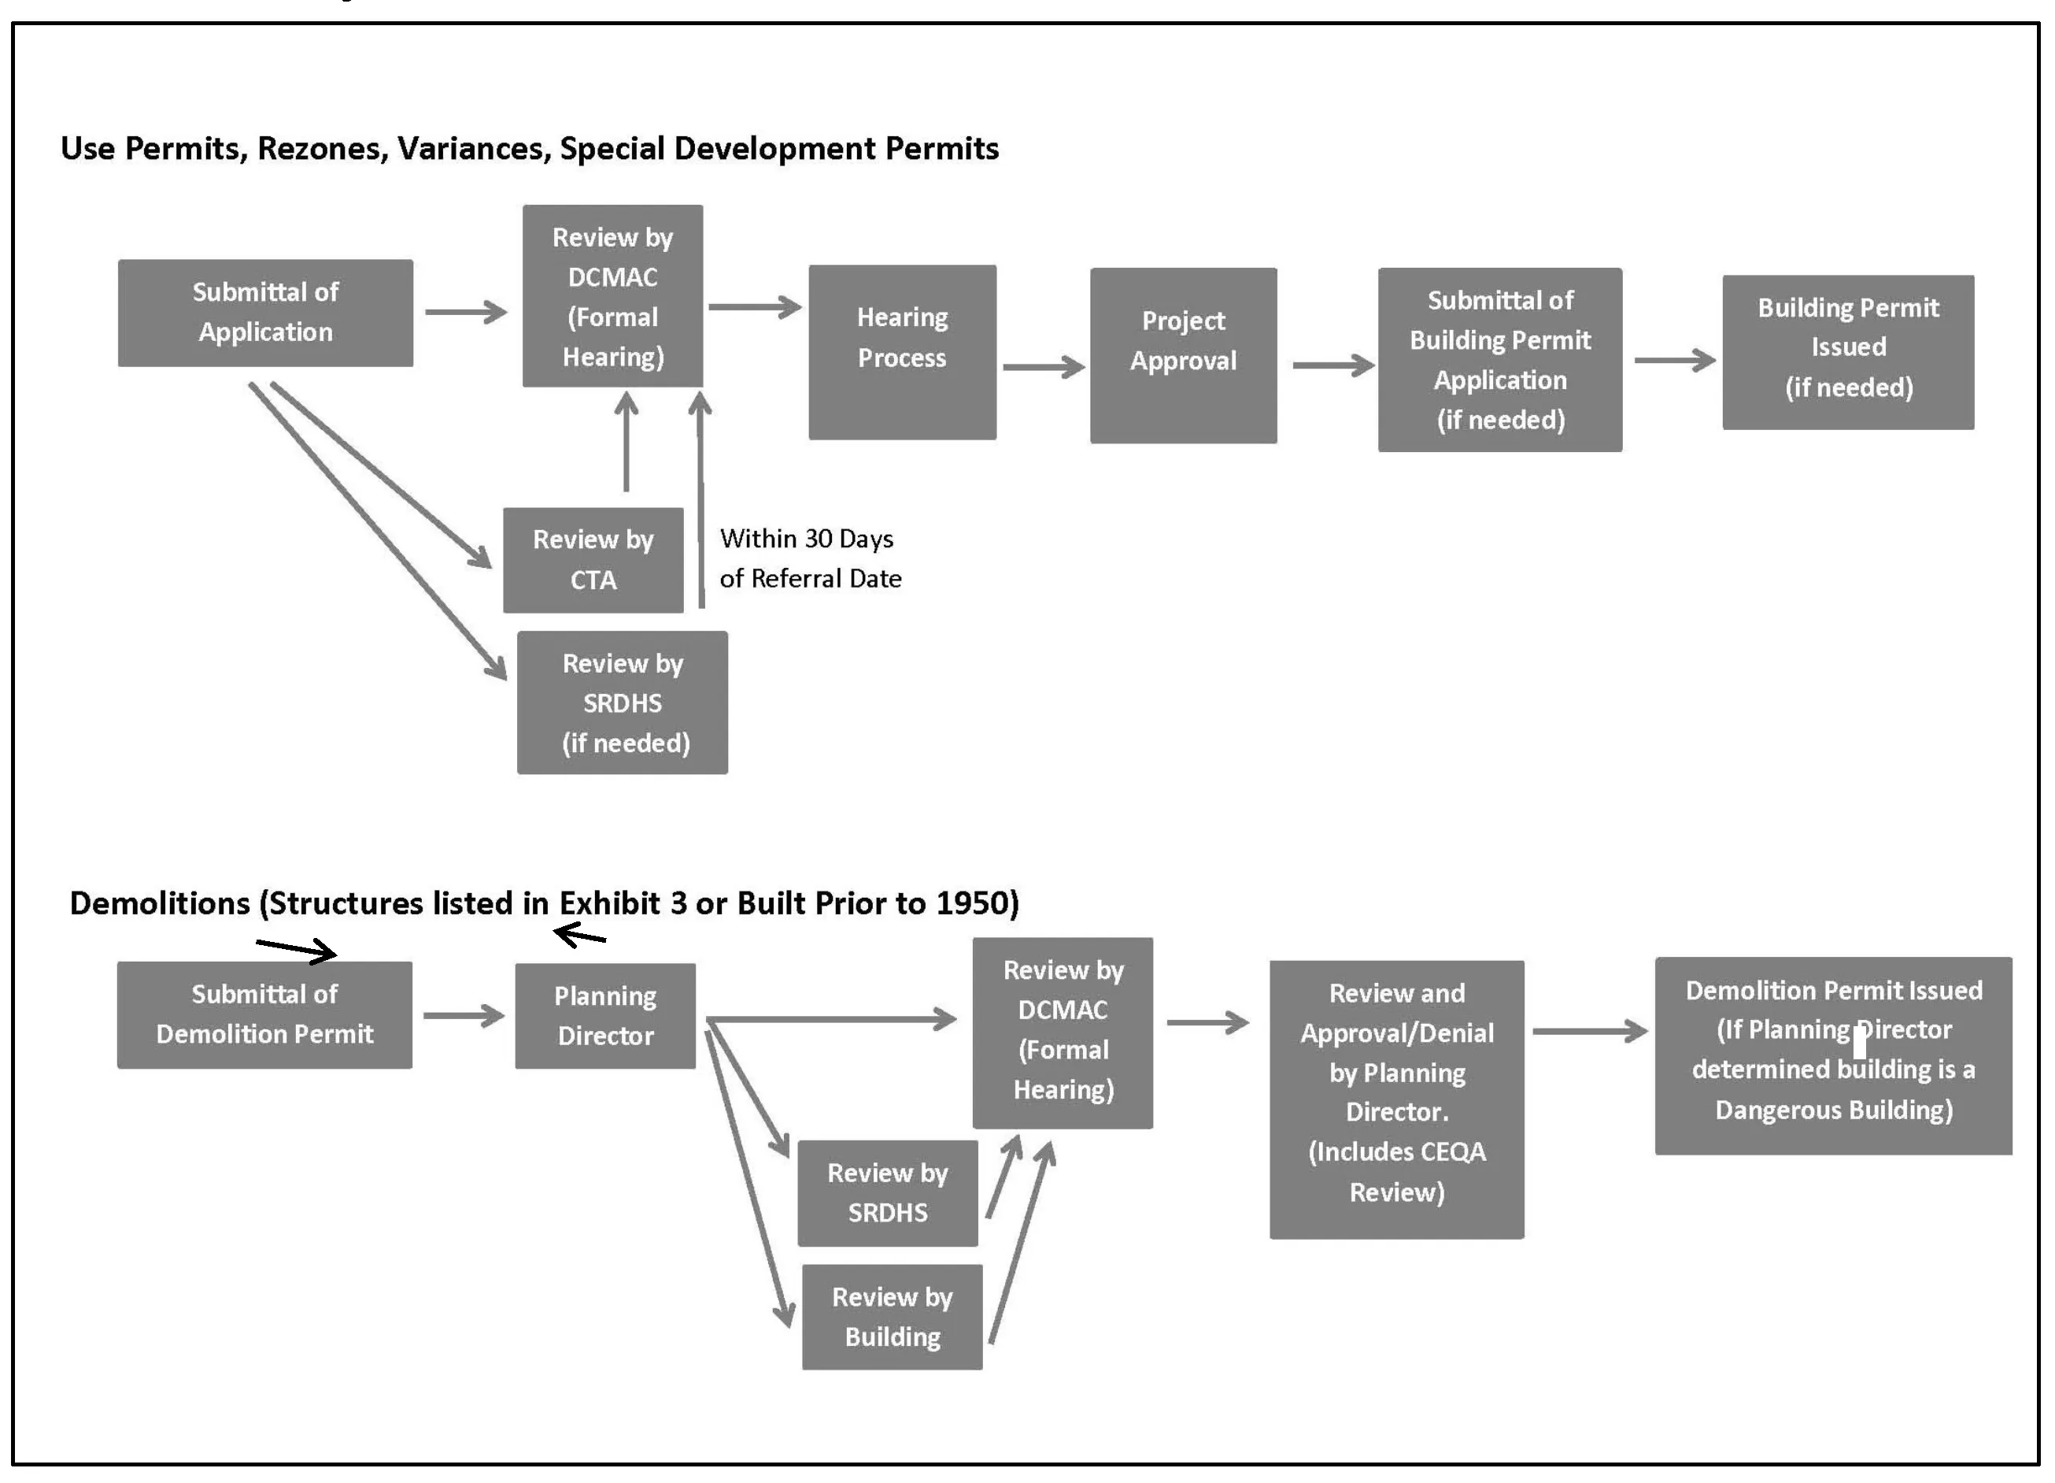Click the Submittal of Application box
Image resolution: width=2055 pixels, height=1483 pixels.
(x=264, y=313)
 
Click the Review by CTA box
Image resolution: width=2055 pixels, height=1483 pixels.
(x=593, y=559)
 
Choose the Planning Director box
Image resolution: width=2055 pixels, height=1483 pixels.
(x=604, y=1015)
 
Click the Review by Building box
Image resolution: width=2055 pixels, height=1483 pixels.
(x=892, y=1316)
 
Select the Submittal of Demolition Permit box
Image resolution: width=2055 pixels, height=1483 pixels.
(x=264, y=1014)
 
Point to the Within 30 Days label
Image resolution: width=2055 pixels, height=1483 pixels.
(x=807, y=539)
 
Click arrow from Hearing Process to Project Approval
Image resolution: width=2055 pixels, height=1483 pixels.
(x=1043, y=367)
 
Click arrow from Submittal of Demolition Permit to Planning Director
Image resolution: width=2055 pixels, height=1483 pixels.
(x=463, y=1015)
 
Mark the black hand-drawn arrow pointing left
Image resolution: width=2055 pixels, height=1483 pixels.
(x=579, y=935)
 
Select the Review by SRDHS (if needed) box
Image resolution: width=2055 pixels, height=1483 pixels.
(x=622, y=703)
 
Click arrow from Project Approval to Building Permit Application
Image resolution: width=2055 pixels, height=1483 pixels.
(x=1332, y=365)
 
